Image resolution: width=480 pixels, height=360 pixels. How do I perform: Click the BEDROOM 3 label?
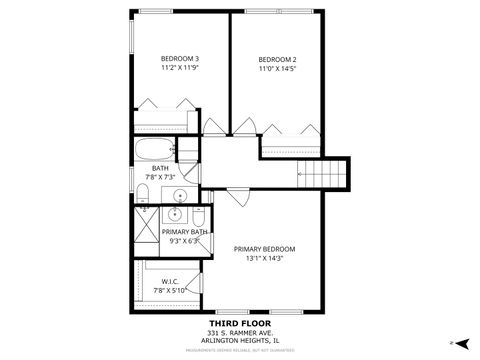point(181,58)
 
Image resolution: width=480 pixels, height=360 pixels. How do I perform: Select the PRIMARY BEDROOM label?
point(265,249)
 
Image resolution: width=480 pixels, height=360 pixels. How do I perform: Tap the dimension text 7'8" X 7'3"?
point(160,177)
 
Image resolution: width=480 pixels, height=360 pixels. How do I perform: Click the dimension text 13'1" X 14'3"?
point(265,259)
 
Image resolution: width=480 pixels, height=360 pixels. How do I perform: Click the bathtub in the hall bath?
point(155,151)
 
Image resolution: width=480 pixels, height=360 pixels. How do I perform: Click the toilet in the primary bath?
point(198,217)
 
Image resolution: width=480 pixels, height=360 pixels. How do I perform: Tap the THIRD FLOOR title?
point(241,324)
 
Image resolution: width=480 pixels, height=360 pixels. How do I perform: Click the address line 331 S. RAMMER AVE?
point(241,333)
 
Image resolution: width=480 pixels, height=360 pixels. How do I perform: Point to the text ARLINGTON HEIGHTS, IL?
point(241,341)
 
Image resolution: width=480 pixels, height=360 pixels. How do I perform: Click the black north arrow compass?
point(463,342)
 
